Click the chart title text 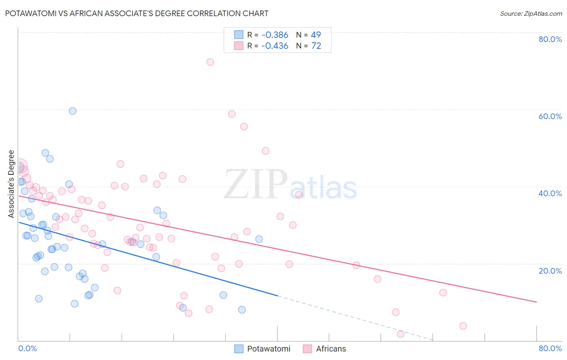coord(137,13)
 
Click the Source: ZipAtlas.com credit coord(531,14)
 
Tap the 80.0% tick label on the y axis coord(550,39)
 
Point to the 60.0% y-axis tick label coord(550,116)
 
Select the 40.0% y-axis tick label coord(550,193)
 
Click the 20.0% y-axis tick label coord(550,271)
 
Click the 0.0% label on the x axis coord(27,348)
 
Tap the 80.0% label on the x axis coord(550,348)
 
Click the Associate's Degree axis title coord(11,184)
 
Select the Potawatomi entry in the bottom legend coord(269,349)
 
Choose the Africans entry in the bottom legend coord(331,349)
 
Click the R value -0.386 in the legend coord(275,35)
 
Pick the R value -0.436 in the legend coord(275,46)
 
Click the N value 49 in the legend coord(316,35)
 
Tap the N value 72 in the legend coord(316,46)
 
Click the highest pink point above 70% coord(210,62)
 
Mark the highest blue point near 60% coord(73,111)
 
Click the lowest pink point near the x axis coord(400,334)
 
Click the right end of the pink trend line coord(536,302)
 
